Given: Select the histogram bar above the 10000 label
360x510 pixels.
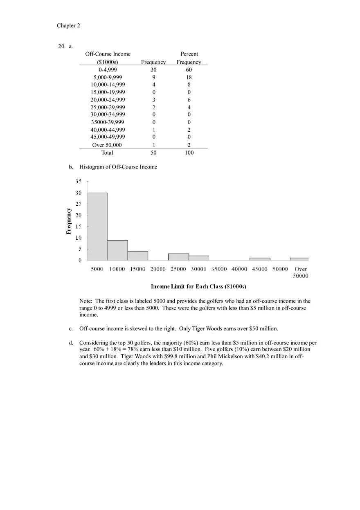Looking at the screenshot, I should pyautogui.click(x=117, y=250).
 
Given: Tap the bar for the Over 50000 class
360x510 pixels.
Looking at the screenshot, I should pyautogui.click(x=299, y=259).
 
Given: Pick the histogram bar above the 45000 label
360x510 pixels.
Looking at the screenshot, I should pyautogui.click(x=260, y=259).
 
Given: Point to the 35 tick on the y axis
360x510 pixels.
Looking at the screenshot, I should pyautogui.click(x=78, y=181).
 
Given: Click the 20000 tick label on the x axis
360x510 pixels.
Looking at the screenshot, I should pyautogui.click(x=158, y=269).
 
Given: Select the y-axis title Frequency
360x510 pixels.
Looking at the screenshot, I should pyautogui.click(x=69, y=221).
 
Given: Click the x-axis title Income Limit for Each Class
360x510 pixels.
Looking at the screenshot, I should pyautogui.click(x=198, y=286).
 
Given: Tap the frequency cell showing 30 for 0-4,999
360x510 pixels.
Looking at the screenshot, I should pyautogui.click(x=153, y=70).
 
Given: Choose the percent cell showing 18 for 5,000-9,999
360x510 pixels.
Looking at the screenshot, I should pyautogui.click(x=189, y=77).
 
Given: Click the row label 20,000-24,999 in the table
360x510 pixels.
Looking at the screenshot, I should pyautogui.click(x=108, y=100).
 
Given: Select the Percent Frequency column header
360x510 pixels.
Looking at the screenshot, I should pyautogui.click(x=189, y=58).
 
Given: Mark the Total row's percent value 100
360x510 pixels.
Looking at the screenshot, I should pyautogui.click(x=189, y=153).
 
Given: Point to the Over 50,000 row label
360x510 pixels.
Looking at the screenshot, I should pyautogui.click(x=107, y=145).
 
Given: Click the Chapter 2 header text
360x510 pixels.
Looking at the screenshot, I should pyautogui.click(x=68, y=25).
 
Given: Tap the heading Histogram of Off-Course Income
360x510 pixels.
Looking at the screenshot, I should pyautogui.click(x=118, y=167).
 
